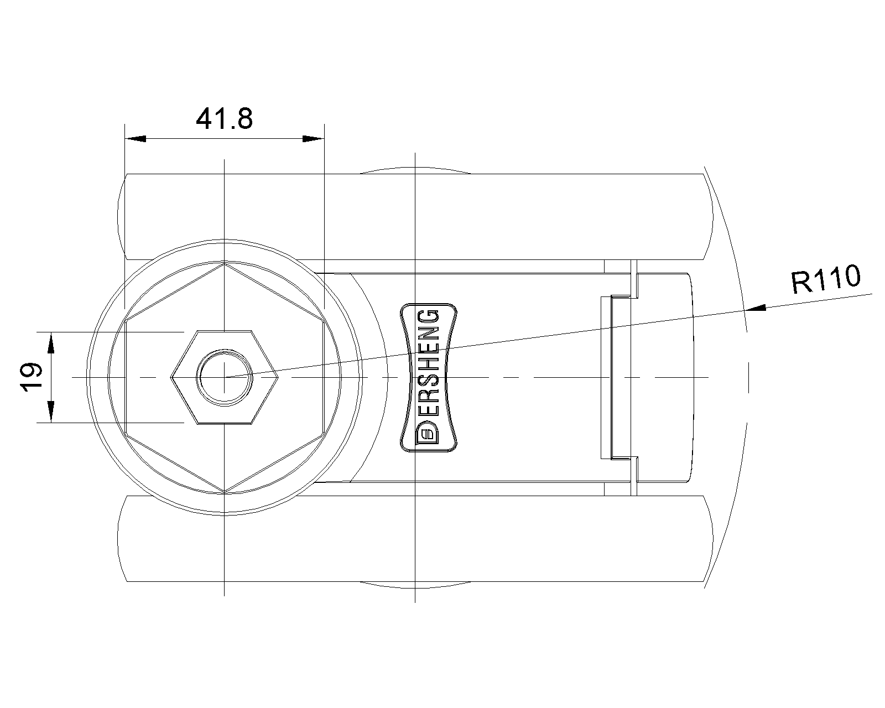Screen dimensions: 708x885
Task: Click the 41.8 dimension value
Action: click(x=224, y=118)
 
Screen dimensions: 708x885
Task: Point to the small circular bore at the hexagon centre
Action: click(x=225, y=377)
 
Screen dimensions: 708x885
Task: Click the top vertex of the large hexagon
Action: click(x=225, y=263)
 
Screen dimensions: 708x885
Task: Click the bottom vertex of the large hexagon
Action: click(x=225, y=491)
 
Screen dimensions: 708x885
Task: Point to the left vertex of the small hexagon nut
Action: click(x=172, y=377)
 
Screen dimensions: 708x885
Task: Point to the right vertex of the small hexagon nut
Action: click(x=277, y=377)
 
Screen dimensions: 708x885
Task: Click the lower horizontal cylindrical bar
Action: click(x=415, y=538)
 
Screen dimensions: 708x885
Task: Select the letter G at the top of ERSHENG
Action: click(x=429, y=318)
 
